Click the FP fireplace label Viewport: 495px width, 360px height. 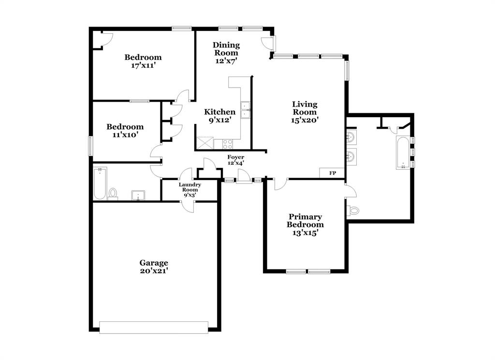pyautogui.click(x=333, y=173)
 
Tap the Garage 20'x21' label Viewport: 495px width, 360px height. pyautogui.click(x=154, y=267)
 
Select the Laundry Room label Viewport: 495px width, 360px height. pyautogui.click(x=189, y=187)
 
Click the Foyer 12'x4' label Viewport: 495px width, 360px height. pyautogui.click(x=236, y=160)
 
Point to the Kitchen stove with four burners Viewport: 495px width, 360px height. pyautogui.click(x=227, y=143)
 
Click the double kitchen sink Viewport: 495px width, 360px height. pyautogui.click(x=246, y=109)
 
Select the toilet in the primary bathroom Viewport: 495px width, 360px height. pyautogui.click(x=353, y=210)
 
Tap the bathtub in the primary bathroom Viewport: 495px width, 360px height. pyautogui.click(x=403, y=152)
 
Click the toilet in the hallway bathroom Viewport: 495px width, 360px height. pyautogui.click(x=113, y=194)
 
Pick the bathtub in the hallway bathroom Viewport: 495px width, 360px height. pyautogui.click(x=100, y=183)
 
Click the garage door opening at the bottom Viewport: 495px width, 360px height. pyautogui.click(x=154, y=328)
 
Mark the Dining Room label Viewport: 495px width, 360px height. pyautogui.click(x=226, y=49)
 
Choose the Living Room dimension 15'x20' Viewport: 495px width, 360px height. pyautogui.click(x=305, y=120)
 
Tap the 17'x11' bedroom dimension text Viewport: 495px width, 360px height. pyautogui.click(x=143, y=65)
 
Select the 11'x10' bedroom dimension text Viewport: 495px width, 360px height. pyautogui.click(x=125, y=135)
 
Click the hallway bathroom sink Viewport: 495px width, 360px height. pyautogui.click(x=138, y=195)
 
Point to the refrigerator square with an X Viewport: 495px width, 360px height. pyautogui.click(x=205, y=143)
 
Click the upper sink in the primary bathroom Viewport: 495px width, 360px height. pyautogui.click(x=351, y=138)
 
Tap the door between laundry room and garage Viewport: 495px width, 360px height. pyautogui.click(x=188, y=206)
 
